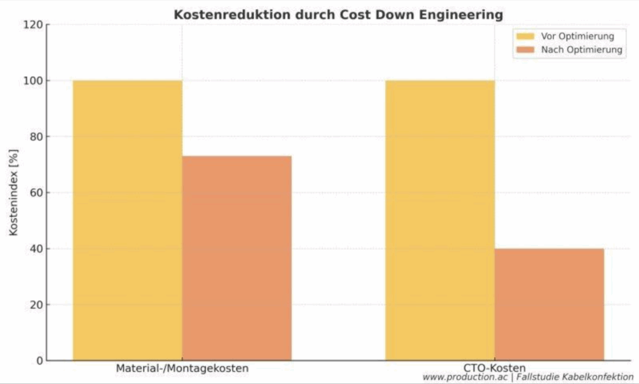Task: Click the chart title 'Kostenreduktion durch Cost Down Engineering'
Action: tap(338, 14)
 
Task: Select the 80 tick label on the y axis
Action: tap(35, 137)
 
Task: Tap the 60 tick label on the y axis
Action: tap(35, 193)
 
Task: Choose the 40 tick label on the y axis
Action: tap(35, 249)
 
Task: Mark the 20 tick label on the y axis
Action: tap(35, 305)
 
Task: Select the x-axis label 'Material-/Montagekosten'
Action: tap(182, 368)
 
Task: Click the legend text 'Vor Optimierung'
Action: tap(578, 36)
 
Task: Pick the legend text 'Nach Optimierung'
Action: tap(581, 50)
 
